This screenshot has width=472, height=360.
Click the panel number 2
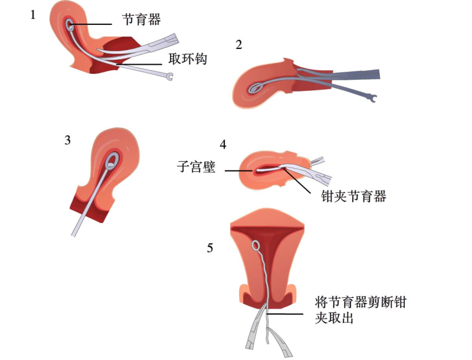[238, 45]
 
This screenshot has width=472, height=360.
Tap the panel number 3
[68, 140]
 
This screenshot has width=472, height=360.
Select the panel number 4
[222, 145]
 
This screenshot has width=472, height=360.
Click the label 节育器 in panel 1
[142, 19]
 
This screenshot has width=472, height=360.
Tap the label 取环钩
[188, 59]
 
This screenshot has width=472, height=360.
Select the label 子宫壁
[196, 167]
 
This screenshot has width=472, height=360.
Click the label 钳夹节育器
[353, 197]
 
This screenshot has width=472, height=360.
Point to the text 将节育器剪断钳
[361, 303]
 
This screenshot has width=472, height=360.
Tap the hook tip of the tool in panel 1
[170, 76]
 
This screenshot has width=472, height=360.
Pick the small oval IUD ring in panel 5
[257, 246]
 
